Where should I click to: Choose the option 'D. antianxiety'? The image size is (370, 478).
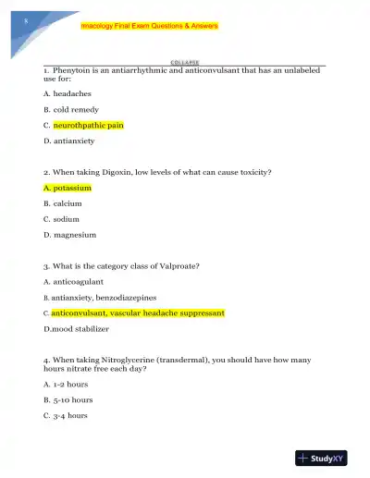point(69,141)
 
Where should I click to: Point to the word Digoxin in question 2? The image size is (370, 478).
point(126,172)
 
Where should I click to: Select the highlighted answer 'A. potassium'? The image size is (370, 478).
point(68,188)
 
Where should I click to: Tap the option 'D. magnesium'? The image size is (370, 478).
point(69,235)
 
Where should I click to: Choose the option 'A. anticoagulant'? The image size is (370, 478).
point(73,281)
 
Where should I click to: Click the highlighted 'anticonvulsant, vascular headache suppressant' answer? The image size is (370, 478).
point(137,313)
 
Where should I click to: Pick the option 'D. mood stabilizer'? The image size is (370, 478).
point(76,328)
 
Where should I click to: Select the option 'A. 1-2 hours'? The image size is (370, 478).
point(66,384)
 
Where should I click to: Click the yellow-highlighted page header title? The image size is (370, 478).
point(149,26)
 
